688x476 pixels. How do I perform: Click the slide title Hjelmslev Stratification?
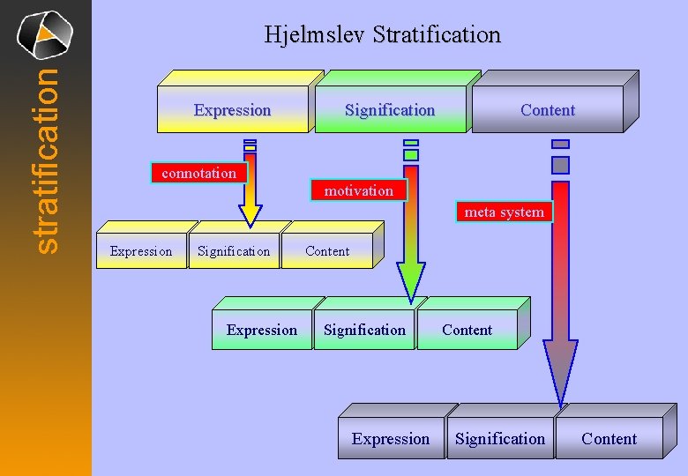[382, 35]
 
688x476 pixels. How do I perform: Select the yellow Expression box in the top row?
[232, 110]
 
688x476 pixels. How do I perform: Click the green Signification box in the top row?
[390, 110]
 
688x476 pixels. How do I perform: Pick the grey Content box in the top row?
[547, 110]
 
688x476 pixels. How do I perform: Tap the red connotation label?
[199, 174]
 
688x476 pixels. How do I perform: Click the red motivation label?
[358, 190]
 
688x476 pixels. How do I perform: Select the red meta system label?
[504, 212]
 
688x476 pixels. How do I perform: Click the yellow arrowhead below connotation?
[251, 213]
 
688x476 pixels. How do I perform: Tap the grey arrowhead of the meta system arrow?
[560, 370]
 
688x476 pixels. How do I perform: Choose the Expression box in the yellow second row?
[141, 251]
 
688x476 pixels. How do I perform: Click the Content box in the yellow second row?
[327, 251]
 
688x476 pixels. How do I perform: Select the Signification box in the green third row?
[364, 331]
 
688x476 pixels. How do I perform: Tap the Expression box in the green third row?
[262, 331]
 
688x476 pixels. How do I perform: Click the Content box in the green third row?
[467, 331]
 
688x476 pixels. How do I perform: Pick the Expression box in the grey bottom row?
[391, 439]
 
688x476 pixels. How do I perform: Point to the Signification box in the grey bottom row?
[500, 439]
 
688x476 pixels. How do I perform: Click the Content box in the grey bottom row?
[609, 439]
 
